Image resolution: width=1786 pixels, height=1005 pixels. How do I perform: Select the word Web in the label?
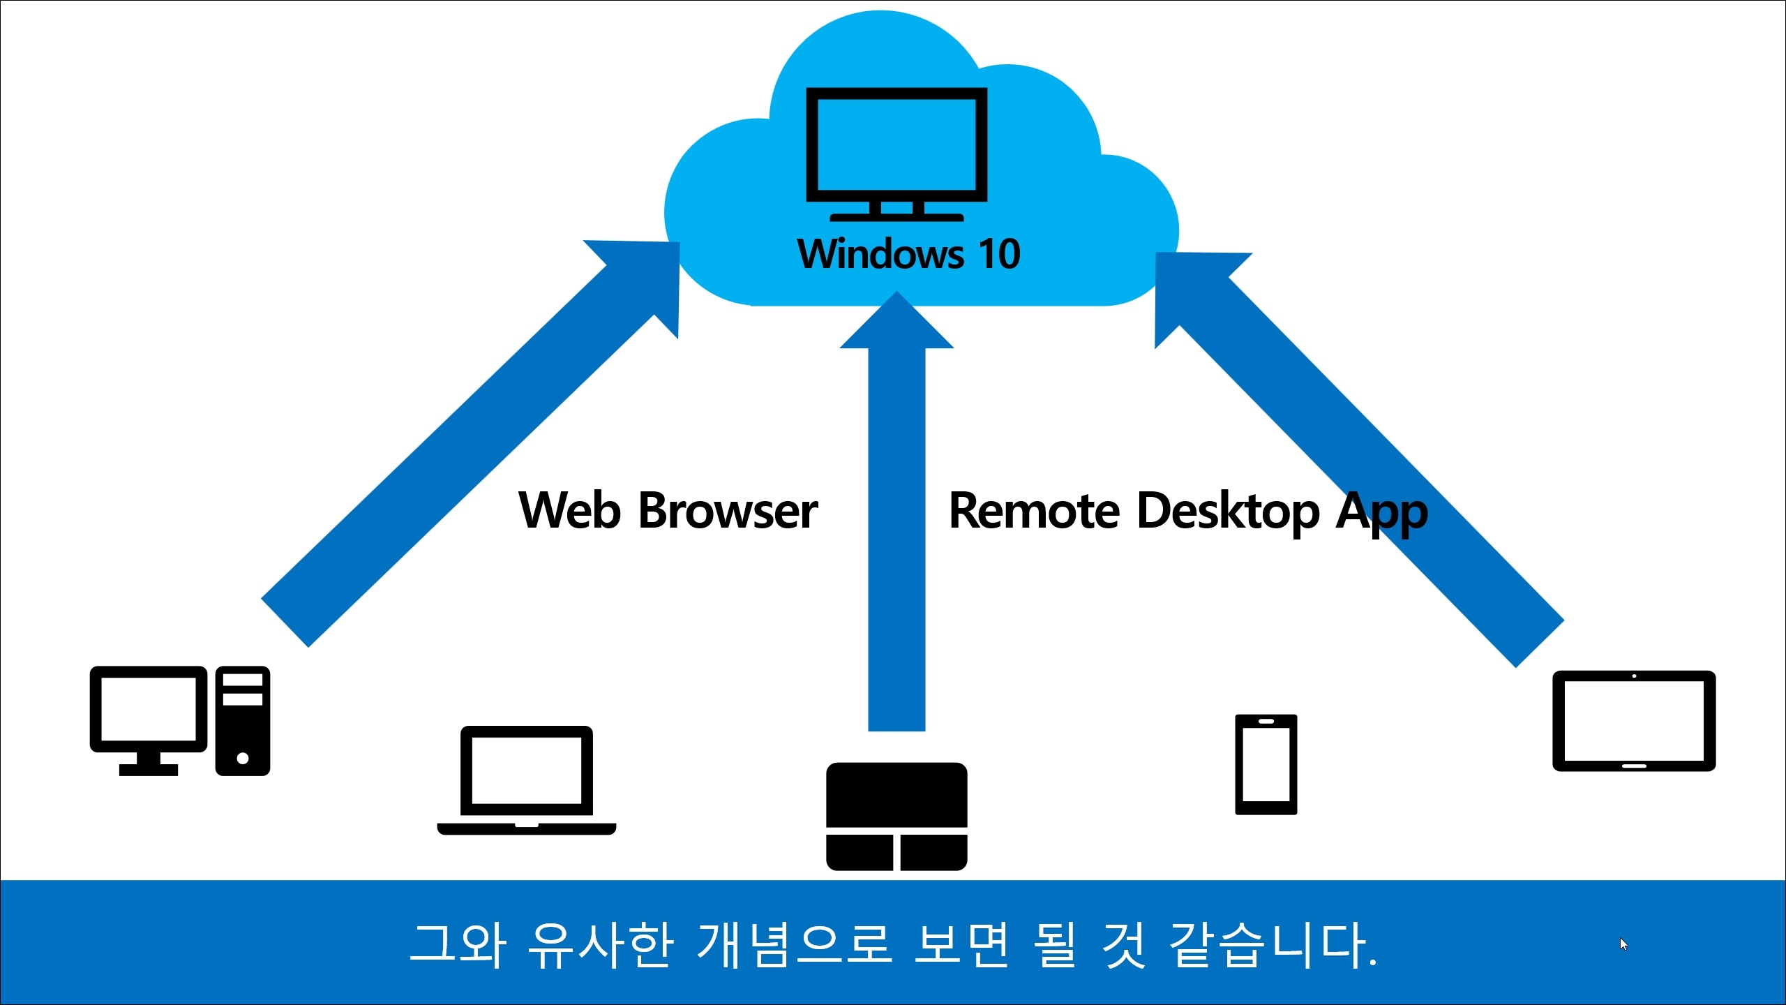point(569,510)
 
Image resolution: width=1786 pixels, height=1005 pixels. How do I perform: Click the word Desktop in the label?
point(1228,510)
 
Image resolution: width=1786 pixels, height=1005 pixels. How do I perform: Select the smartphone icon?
point(1266,764)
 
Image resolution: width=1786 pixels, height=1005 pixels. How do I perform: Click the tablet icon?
point(1634,721)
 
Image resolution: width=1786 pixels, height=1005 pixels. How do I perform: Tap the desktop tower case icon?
point(243,721)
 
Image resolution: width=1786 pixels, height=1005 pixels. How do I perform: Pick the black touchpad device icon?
point(896,817)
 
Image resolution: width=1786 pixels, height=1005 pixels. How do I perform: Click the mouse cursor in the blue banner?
point(1623,944)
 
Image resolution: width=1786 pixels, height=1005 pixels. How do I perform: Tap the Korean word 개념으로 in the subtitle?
point(794,945)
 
